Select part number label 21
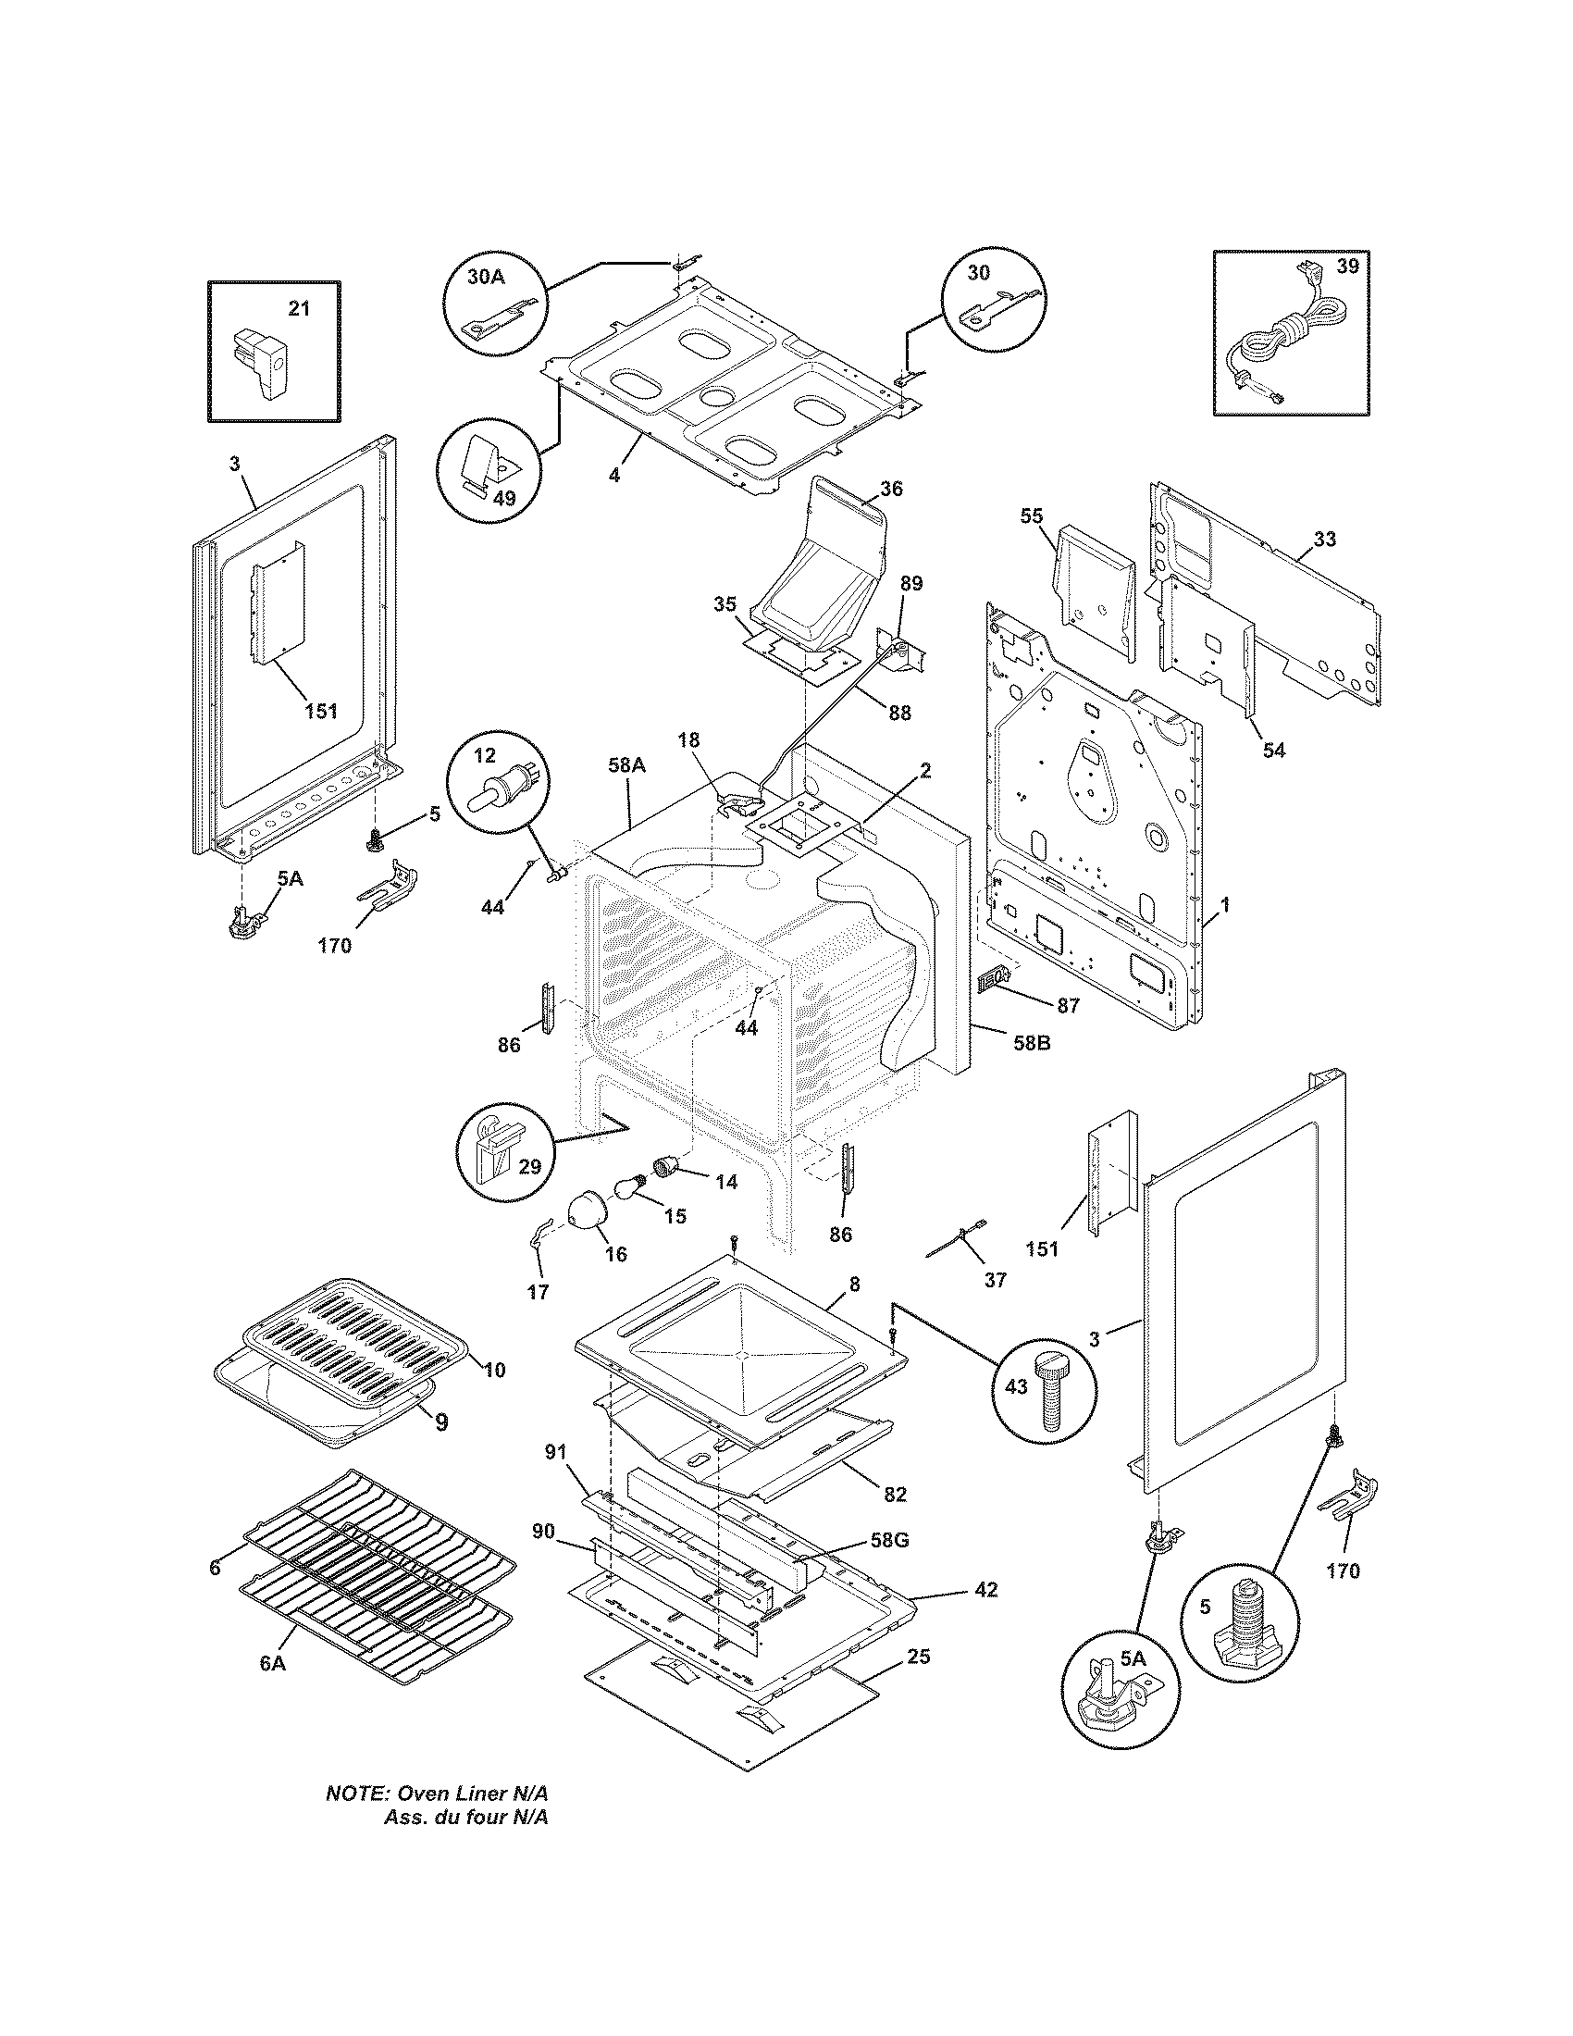point(298,308)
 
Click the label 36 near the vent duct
point(891,489)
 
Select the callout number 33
point(1324,539)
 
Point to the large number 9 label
point(440,1421)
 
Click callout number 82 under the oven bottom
point(895,1494)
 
